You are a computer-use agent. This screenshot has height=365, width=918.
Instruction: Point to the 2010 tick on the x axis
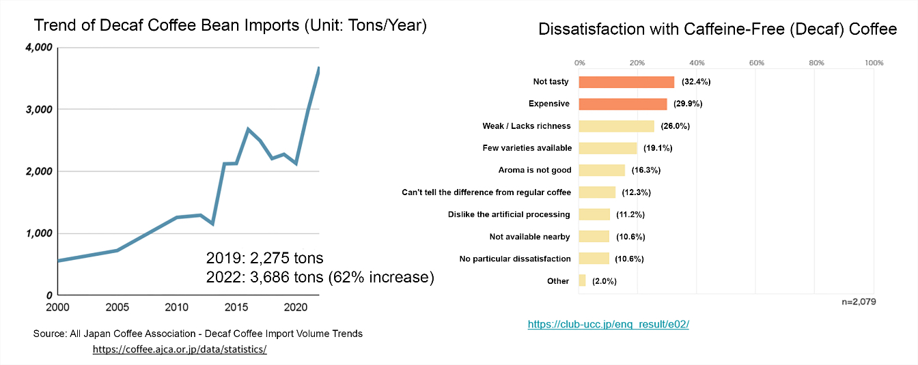(177, 306)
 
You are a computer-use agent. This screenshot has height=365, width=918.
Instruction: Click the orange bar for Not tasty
(626, 82)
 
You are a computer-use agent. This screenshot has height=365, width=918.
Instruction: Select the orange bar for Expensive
(623, 104)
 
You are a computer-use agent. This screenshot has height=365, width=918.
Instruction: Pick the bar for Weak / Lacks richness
(616, 126)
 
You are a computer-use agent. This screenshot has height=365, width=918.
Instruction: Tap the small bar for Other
(582, 280)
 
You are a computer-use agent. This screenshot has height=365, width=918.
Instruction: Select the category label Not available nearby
(529, 237)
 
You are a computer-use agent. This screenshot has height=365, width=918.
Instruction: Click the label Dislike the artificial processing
(509, 214)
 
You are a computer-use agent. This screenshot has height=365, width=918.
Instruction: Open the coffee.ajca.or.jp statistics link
(180, 349)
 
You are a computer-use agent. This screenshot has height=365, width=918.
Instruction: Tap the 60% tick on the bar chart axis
(756, 63)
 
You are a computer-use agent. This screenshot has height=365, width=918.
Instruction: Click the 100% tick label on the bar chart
(874, 63)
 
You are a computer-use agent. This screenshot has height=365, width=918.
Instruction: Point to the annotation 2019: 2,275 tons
(264, 259)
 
